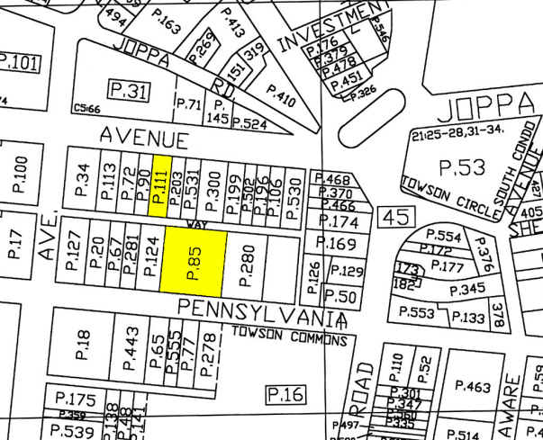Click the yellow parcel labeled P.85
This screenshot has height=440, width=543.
pyautogui.click(x=191, y=260)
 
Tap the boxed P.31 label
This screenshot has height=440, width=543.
pyautogui.click(x=127, y=89)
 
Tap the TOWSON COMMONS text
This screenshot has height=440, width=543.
pyautogui.click(x=291, y=341)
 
